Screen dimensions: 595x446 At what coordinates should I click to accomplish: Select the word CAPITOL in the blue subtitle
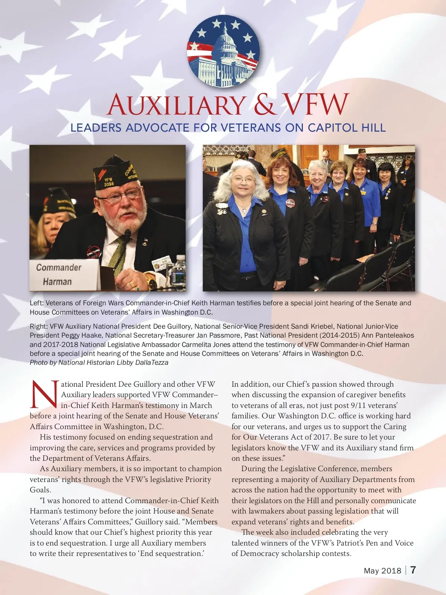333,128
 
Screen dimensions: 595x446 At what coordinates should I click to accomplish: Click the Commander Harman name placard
59,274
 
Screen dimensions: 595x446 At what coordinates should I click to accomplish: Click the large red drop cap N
44,394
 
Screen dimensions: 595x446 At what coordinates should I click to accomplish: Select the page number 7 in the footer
413,570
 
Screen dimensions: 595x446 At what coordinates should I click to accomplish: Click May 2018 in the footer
382,571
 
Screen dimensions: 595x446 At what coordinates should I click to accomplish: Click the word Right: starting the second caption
39,327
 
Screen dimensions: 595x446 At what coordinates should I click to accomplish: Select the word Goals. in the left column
41,490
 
